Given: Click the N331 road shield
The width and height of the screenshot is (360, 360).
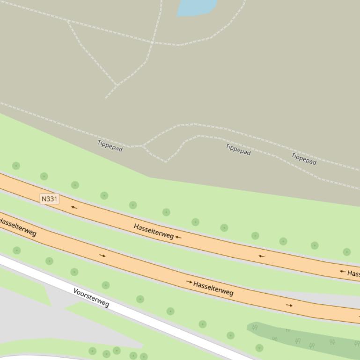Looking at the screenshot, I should tap(50, 199).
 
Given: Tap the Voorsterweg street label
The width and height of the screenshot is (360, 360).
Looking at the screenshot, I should tap(91, 297).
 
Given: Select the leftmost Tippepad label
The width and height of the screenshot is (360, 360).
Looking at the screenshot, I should tap(110, 146).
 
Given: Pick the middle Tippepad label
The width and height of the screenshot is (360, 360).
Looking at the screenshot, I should tap(238, 150).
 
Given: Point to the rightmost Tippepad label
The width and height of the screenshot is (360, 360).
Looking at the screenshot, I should tap(304, 159).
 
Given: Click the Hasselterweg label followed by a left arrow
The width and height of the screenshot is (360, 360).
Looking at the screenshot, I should tap(154, 231).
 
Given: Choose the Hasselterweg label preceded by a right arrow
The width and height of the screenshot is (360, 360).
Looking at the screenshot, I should tap(213, 288).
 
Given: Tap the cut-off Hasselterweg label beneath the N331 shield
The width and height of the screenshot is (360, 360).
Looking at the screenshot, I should tap(18, 225).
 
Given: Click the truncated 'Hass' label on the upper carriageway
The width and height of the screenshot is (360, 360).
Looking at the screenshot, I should tap(353, 274).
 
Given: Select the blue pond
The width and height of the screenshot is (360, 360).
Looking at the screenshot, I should tap(196, 7).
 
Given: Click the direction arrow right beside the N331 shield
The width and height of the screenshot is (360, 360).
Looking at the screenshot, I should tap(73, 207).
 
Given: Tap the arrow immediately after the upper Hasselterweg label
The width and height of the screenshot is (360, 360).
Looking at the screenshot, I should tap(178, 237).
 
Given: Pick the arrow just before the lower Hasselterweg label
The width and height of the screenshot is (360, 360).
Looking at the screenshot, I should tap(189, 282).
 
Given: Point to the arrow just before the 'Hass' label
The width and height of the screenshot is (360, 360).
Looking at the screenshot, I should tap(343, 271).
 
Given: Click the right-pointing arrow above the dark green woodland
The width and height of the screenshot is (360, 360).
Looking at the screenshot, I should tap(289, 305).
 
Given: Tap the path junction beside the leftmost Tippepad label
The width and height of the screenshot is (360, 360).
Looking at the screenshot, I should tap(142, 146).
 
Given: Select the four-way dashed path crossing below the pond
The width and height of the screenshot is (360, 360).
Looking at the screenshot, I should tap(152, 43).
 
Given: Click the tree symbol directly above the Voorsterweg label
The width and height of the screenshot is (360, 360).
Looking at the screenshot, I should tap(106, 285).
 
